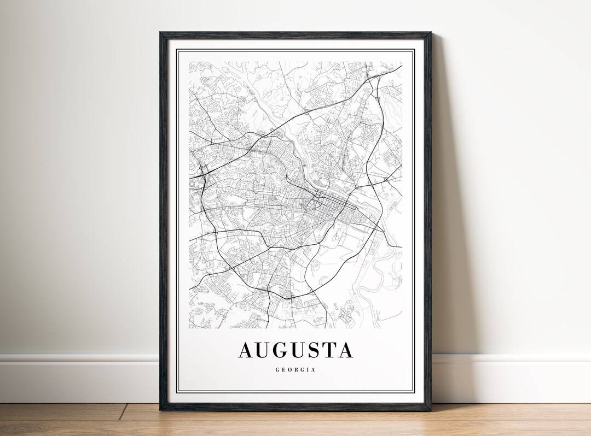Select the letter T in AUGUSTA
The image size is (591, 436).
click(329, 350)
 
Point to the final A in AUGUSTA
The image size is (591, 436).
click(345, 350)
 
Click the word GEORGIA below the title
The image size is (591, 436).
click(296, 370)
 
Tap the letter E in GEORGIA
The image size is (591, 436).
click(283, 370)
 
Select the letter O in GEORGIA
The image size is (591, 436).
click(290, 370)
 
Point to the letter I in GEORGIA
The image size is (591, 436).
click(309, 370)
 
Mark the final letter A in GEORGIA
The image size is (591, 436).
click(314, 370)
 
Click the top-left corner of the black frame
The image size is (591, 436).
click(160, 33)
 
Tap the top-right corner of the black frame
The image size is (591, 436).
click(431, 33)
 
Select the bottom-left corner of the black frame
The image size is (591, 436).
click(161, 410)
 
